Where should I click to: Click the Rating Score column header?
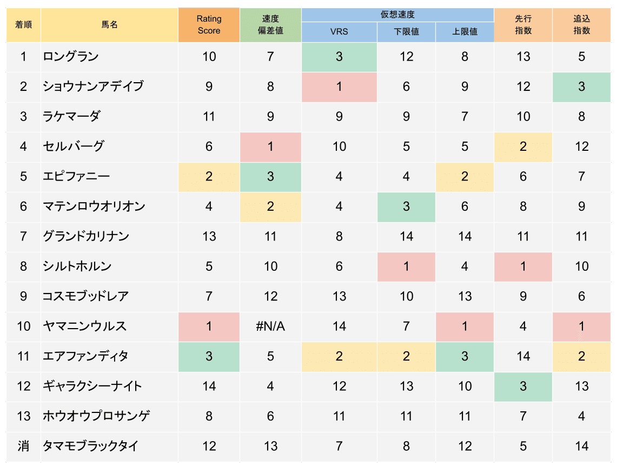[x=209, y=25]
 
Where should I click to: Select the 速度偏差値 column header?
[x=270, y=25]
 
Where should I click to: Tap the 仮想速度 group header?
[x=397, y=15]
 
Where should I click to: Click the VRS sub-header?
[x=339, y=32]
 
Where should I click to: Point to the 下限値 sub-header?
[x=406, y=32]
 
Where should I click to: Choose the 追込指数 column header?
[x=581, y=25]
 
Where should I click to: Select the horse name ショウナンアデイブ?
[x=93, y=86]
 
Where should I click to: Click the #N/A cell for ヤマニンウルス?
[x=270, y=326]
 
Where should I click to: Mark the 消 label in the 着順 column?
[x=23, y=446]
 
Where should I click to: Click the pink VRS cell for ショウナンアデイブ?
[x=339, y=86]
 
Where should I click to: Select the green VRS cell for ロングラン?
[x=339, y=56]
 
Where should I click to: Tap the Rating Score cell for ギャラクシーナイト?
[x=209, y=386]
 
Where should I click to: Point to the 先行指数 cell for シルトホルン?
[x=523, y=266]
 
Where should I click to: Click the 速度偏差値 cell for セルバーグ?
[x=270, y=146]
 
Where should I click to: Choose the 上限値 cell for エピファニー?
[x=465, y=176]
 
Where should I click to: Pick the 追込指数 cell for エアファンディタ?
[x=581, y=356]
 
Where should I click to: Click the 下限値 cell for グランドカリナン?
[x=406, y=236]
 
